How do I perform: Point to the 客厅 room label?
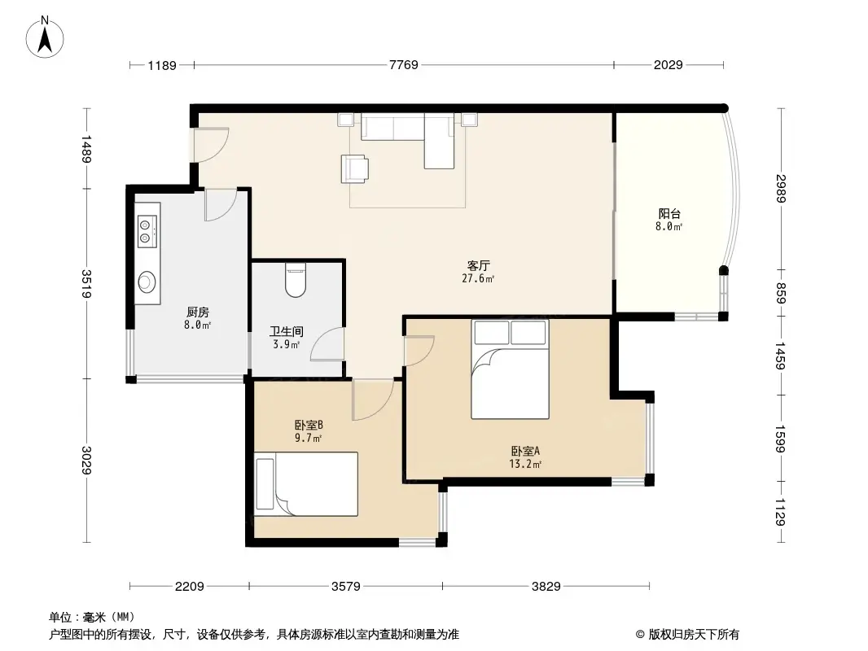(x=478, y=265)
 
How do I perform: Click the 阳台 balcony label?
(x=669, y=214)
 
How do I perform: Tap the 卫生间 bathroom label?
(x=287, y=331)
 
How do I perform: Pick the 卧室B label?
(x=309, y=424)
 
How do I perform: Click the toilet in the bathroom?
(x=296, y=281)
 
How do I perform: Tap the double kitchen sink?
(x=147, y=230)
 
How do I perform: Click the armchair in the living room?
(x=356, y=168)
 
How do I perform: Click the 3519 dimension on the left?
(x=87, y=283)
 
